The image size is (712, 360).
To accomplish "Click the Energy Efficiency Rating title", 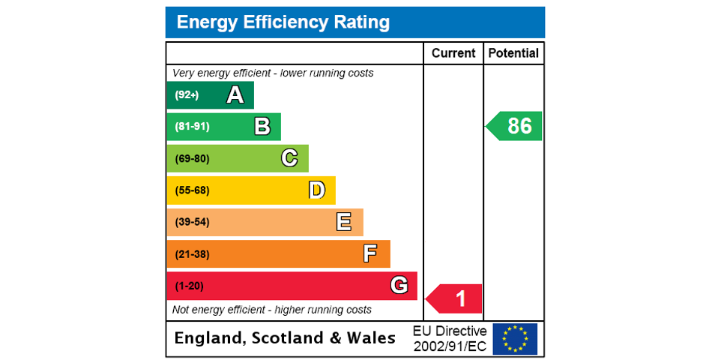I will pyautogui.click(x=283, y=22).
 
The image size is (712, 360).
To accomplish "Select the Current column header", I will pyautogui.click(x=453, y=53).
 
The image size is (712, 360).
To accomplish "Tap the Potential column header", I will pyautogui.click(x=513, y=53).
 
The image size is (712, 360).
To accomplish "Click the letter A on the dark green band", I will pyautogui.click(x=235, y=95).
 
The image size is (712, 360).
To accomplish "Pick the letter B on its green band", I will pyautogui.click(x=262, y=127).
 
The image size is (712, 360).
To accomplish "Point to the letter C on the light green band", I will pyautogui.click(x=289, y=158).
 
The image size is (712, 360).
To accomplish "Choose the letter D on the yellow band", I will pyautogui.click(x=317, y=190).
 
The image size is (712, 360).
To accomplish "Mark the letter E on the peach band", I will pyautogui.click(x=344, y=222).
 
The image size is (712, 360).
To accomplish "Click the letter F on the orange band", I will pyautogui.click(x=370, y=254).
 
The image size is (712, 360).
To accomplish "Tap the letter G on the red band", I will pyautogui.click(x=399, y=286).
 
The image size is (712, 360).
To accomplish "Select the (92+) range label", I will pyautogui.click(x=187, y=95).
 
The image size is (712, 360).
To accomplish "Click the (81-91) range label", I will pyautogui.click(x=192, y=127).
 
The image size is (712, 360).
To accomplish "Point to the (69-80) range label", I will pyautogui.click(x=192, y=159).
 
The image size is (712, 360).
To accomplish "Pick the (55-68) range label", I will pyautogui.click(x=192, y=190).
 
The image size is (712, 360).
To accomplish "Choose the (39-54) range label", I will pyautogui.click(x=192, y=222).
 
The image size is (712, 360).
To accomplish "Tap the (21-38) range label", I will pyautogui.click(x=192, y=254).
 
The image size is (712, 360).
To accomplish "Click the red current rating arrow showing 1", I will pyautogui.click(x=455, y=299).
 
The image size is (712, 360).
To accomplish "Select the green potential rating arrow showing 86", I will pyautogui.click(x=515, y=126).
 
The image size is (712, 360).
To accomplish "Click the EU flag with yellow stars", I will pyautogui.click(x=515, y=338).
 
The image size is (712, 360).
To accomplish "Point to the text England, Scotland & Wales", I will pyautogui.click(x=285, y=338).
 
